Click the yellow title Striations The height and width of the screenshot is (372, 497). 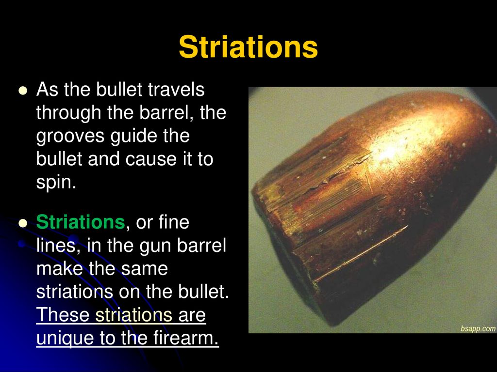[x=248, y=47]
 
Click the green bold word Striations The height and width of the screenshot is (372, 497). [x=81, y=222]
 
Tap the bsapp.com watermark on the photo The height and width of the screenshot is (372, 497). [x=478, y=329]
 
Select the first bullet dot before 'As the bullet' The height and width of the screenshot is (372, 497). [x=23, y=91]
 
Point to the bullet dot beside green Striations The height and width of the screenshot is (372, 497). [x=23, y=223]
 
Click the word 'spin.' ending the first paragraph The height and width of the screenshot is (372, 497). [x=56, y=182]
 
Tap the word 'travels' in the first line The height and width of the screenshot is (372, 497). [x=176, y=89]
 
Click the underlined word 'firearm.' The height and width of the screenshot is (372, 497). [x=186, y=338]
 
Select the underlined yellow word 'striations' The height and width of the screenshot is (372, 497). [x=134, y=314]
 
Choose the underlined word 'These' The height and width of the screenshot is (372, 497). [x=63, y=314]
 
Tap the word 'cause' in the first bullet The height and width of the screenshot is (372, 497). [x=151, y=159]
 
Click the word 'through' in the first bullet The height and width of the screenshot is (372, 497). [x=68, y=113]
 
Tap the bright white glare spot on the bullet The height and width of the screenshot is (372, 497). [x=386, y=154]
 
